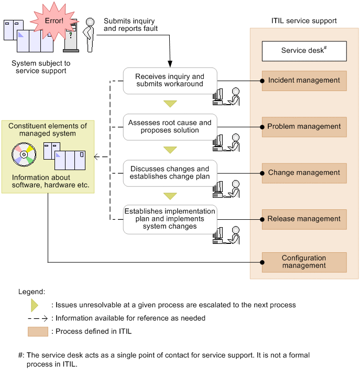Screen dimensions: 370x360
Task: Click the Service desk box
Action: coord(304,51)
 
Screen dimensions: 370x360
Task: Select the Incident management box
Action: coord(304,81)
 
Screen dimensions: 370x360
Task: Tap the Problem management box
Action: coord(304,127)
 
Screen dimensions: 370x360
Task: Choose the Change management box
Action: coord(304,173)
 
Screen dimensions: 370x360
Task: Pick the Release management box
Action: coord(304,219)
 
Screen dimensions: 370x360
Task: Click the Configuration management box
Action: coord(304,262)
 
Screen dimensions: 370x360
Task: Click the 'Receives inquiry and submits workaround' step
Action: coord(170,81)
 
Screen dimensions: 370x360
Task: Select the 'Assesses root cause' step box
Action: coord(170,127)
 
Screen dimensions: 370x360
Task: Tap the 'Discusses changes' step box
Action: coord(170,173)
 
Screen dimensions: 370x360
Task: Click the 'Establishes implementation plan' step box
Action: coord(170,219)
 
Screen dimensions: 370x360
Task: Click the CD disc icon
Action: coord(24,155)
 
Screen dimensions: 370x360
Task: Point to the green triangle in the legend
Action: coord(35,305)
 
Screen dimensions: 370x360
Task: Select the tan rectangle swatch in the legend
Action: coord(38,331)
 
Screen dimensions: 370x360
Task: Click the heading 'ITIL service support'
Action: coord(304,21)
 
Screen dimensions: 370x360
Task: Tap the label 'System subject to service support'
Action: coord(41,67)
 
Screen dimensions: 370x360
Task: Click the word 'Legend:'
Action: coord(31,291)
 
